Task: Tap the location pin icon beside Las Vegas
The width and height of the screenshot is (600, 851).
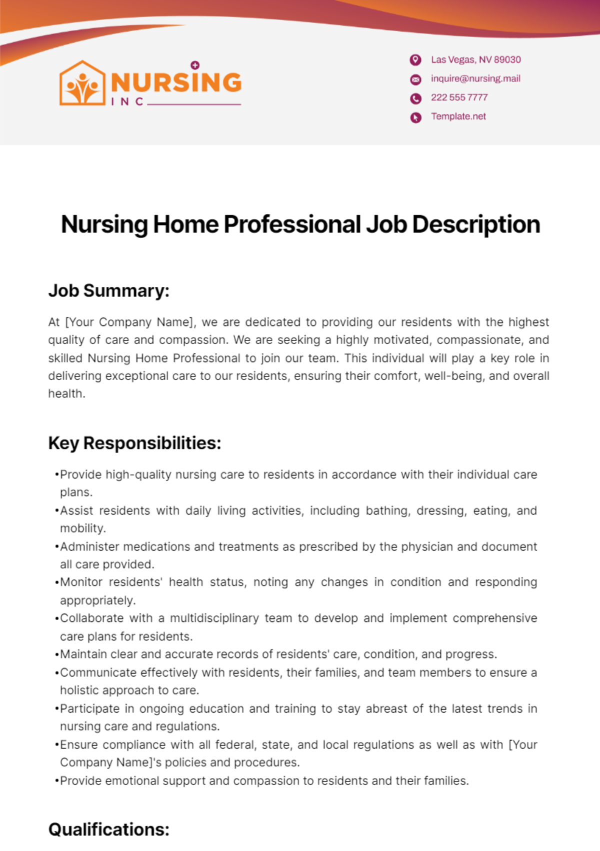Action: coord(415,60)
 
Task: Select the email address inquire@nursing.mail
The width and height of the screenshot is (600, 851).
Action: coord(475,78)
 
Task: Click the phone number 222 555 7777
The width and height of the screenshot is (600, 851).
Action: coord(459,97)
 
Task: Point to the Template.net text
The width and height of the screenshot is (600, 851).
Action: coord(458,116)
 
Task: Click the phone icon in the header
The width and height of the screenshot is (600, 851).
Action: coord(415,98)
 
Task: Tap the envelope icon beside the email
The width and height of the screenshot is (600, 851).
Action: coord(415,79)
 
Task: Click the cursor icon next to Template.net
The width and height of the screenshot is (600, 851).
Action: coord(415,117)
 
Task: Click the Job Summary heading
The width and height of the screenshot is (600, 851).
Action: coord(109,290)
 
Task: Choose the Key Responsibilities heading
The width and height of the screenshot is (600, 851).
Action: coord(134,443)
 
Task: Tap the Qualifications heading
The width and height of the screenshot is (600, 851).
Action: coord(109,829)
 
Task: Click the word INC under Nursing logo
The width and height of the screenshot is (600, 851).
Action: coord(127,101)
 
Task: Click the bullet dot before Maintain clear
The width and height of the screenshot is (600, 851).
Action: coord(57,654)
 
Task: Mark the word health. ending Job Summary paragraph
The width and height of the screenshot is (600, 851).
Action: coord(66,394)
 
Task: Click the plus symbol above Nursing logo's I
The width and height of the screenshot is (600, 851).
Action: coord(195,65)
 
